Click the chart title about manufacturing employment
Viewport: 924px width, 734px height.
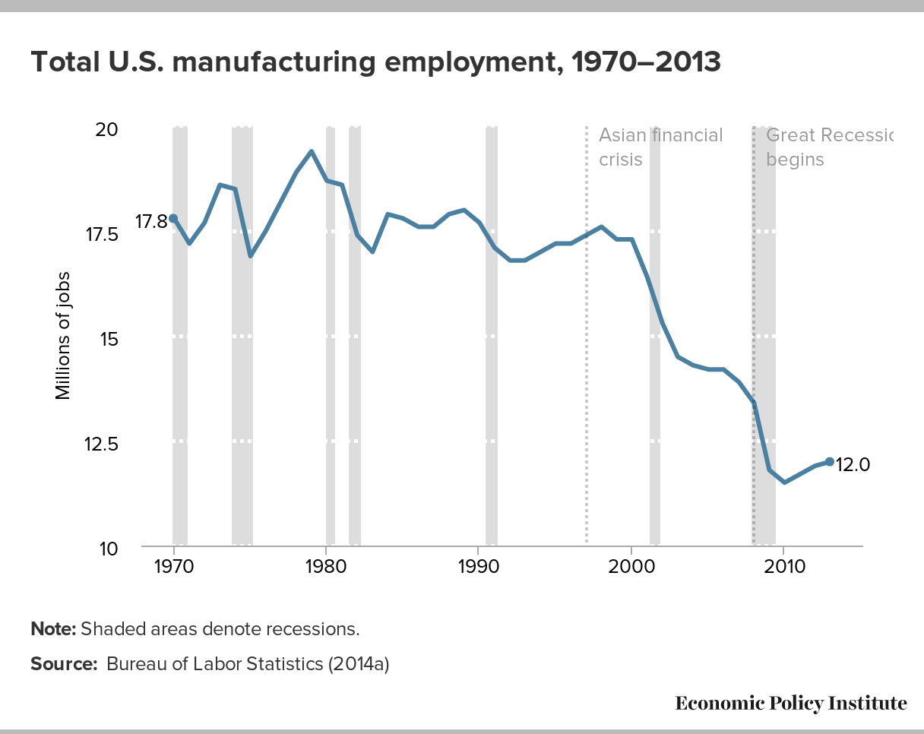tap(375, 62)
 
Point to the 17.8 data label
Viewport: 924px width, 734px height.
tap(150, 222)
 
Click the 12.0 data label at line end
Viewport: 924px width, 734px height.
tap(853, 464)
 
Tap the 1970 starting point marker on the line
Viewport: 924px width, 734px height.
tap(173, 218)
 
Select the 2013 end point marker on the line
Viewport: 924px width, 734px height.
tap(829, 461)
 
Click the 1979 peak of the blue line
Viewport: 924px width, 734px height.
tap(311, 151)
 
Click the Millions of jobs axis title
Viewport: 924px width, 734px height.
tap(63, 335)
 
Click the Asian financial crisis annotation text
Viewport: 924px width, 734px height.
tap(660, 147)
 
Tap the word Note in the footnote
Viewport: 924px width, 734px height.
tap(52, 629)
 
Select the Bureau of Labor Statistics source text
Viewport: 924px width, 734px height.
tap(247, 663)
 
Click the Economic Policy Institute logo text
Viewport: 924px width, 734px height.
tap(790, 703)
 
